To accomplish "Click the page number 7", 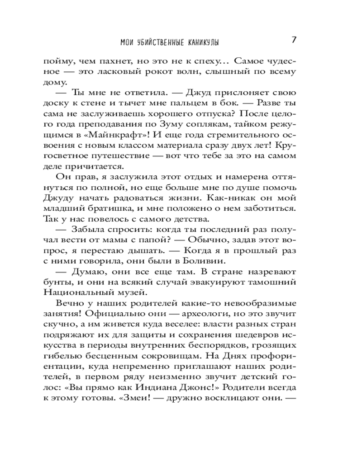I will (293, 40).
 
